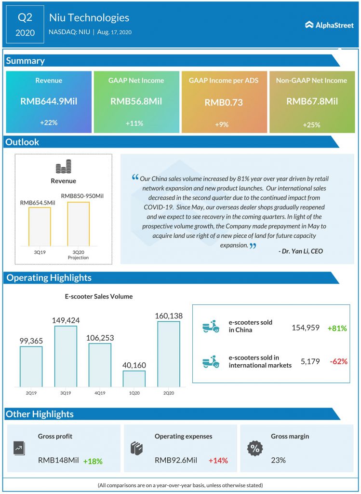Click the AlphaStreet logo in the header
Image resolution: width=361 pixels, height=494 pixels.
point(329,25)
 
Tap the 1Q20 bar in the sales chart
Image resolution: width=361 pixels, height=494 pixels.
point(134,378)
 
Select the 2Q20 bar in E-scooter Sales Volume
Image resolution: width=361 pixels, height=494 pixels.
point(168,354)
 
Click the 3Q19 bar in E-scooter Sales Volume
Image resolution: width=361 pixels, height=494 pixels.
point(66,356)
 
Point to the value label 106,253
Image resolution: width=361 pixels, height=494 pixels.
point(100,337)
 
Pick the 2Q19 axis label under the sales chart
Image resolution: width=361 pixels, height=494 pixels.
point(31,393)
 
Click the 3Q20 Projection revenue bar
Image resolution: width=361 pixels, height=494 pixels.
point(78,223)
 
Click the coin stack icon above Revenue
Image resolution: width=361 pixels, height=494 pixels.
point(63,168)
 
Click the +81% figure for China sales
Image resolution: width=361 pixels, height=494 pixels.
point(337,328)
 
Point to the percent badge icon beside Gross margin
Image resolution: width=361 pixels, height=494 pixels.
point(255,448)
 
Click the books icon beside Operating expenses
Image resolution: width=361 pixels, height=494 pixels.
point(136,448)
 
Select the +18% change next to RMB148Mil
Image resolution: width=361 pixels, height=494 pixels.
point(93,461)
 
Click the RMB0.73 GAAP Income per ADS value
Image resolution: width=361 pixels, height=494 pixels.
point(223,102)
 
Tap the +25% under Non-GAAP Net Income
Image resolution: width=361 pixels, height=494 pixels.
point(312,124)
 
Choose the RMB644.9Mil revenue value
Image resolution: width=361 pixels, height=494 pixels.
point(49,101)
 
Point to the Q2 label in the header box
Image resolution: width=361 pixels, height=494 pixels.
point(25,18)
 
